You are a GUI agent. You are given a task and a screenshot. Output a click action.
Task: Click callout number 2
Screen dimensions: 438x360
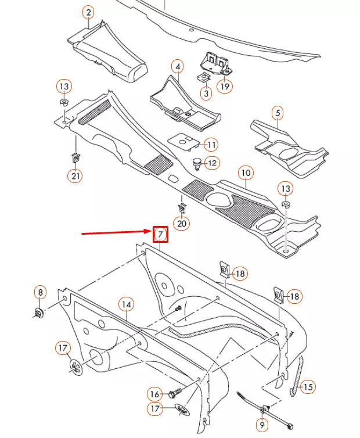click(88, 12)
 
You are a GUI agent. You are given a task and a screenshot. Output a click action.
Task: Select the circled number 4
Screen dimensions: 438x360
click(177, 67)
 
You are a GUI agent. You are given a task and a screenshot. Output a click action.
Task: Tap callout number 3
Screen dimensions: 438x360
click(207, 92)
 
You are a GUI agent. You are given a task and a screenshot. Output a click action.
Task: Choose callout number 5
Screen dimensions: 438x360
click(278, 113)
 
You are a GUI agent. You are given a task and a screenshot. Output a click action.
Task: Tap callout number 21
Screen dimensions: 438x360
click(75, 175)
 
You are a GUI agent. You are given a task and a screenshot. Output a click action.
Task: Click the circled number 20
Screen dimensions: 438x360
click(182, 223)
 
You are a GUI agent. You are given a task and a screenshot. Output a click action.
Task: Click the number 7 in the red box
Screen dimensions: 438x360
click(160, 235)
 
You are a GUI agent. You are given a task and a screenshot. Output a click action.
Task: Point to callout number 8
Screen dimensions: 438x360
click(39, 292)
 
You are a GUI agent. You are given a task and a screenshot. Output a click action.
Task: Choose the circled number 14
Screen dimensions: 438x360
click(127, 304)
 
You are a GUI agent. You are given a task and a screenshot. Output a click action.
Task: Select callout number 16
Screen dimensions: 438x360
click(154, 394)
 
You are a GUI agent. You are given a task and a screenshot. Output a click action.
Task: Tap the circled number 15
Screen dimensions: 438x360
click(308, 386)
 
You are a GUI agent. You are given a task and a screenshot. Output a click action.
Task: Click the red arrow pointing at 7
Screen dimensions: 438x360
click(116, 233)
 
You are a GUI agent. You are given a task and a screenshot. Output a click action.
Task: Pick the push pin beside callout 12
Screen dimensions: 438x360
click(197, 164)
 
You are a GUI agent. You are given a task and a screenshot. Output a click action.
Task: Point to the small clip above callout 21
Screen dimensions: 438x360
click(75, 156)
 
